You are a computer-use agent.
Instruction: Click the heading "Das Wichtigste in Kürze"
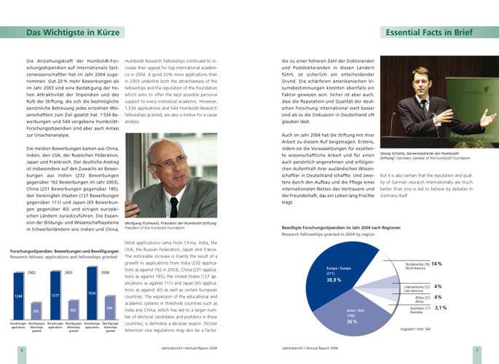(68, 33)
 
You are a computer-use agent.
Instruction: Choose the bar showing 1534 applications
(92, 292)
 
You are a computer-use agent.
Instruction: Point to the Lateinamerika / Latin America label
(414, 288)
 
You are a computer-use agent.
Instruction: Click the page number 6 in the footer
(22, 349)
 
